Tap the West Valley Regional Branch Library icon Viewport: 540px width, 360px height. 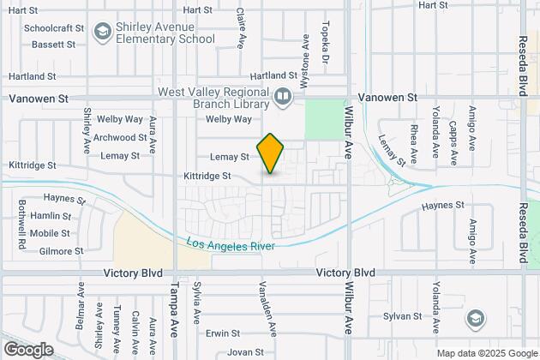(x=284, y=98)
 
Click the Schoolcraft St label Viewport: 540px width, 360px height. (x=53, y=27)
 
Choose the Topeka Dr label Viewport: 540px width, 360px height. (x=324, y=43)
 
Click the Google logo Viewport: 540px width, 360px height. (x=28, y=349)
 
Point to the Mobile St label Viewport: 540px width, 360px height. (x=50, y=233)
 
